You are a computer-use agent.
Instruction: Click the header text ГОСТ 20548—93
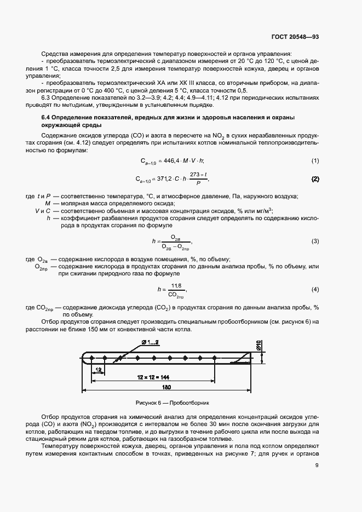coord(295,37)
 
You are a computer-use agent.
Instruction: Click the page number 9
coord(317,467)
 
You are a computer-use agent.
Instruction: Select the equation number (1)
coord(315,160)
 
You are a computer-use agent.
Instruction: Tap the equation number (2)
coord(315,179)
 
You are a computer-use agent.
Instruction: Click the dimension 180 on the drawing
coord(166,387)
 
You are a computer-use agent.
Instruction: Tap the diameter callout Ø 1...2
coord(150,342)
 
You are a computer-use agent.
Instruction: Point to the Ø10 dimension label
coord(259,345)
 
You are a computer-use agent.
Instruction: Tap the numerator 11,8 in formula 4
coord(176,285)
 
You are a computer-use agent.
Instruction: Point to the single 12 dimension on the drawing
coord(97,371)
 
